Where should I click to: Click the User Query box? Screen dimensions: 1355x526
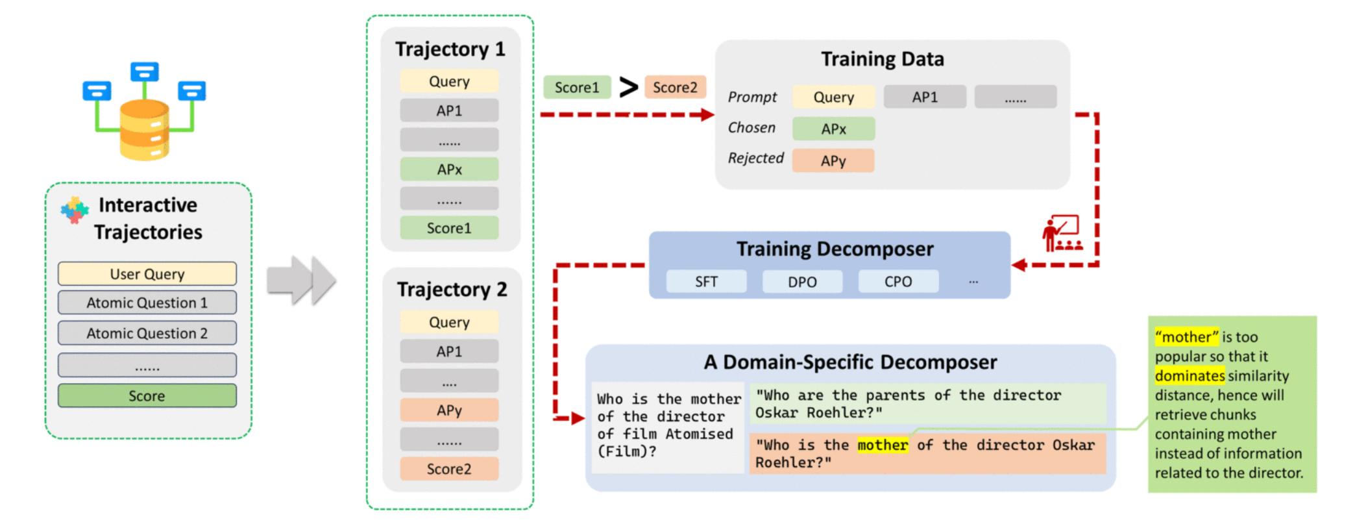click(147, 274)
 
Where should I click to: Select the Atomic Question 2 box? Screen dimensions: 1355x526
click(147, 333)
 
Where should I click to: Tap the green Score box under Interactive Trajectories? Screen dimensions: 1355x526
click(147, 395)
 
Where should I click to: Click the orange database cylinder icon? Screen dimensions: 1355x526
click(145, 130)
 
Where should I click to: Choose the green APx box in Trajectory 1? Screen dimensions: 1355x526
click(449, 169)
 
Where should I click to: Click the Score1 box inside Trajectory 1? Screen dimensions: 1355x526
click(449, 228)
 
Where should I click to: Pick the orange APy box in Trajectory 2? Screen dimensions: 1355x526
click(449, 410)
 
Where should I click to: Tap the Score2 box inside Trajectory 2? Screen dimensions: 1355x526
click(449, 469)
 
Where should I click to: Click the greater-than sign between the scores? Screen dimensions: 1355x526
click(628, 87)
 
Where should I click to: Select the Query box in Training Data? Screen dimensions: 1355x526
click(834, 97)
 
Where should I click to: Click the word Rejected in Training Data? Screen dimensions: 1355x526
click(755, 158)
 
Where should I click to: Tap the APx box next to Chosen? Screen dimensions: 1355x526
click(834, 129)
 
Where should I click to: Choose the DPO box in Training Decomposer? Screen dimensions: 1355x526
click(802, 282)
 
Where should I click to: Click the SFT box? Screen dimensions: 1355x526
click(706, 282)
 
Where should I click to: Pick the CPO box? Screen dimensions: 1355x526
click(898, 282)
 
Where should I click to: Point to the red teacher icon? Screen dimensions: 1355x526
click(1062, 234)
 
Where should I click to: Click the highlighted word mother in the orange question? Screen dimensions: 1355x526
click(883, 445)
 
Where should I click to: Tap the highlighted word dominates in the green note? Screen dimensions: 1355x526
click(1190, 375)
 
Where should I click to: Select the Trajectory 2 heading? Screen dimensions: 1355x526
click(452, 289)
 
